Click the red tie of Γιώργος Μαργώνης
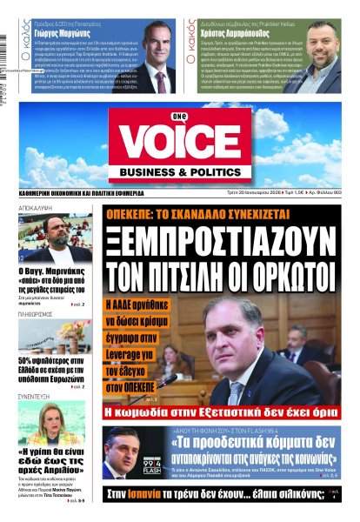[x=160, y=78]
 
